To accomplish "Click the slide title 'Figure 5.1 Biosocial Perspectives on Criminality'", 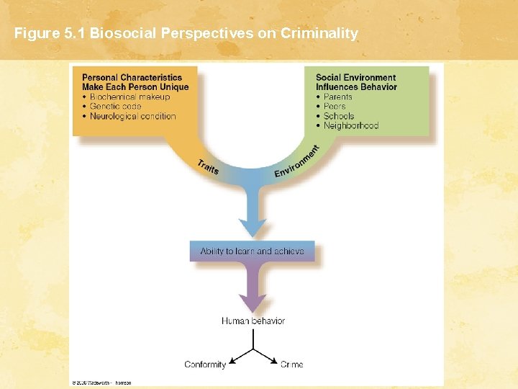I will [186, 34].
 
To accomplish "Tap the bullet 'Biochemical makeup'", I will [129, 97].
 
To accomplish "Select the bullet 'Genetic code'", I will [115, 106].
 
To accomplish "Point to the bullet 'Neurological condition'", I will [132, 116].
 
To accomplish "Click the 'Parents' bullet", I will [337, 97].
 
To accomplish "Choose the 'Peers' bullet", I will [335, 106].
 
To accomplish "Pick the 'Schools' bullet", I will [338, 116].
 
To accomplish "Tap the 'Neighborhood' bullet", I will [350, 125].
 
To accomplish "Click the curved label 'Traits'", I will [208, 167].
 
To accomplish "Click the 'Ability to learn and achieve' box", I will [252, 251].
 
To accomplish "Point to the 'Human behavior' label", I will [253, 321].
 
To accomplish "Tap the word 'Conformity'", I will [205, 365].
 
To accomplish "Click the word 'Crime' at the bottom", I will [291, 365].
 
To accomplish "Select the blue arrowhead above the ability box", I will [253, 226].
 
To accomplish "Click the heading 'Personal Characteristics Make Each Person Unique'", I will [135, 82].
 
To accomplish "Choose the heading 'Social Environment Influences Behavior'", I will [356, 82].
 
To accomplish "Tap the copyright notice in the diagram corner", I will [101, 383].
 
